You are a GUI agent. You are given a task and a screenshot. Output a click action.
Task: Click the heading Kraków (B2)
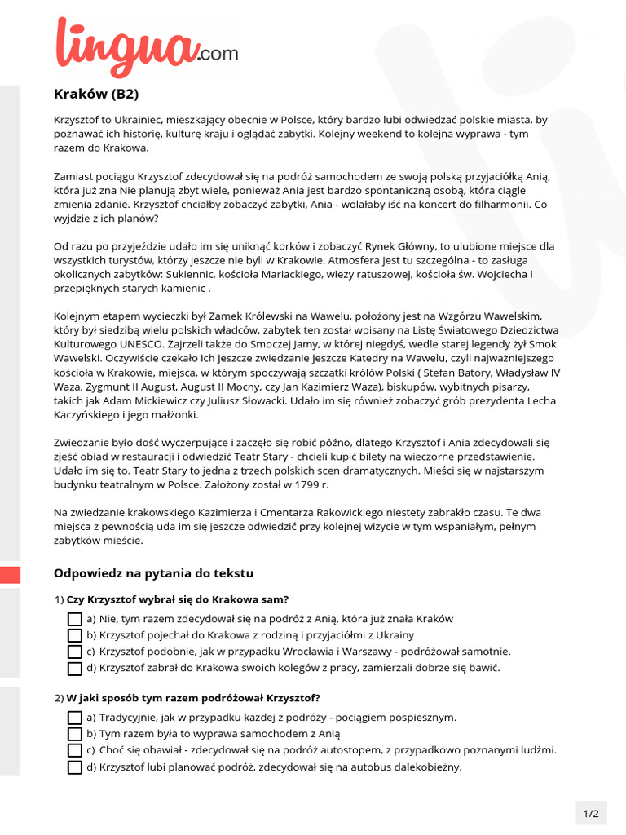pos(90,93)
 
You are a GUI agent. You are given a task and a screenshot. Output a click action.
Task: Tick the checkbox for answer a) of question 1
pos(75,619)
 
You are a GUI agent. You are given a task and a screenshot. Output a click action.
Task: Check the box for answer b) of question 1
pos(75,635)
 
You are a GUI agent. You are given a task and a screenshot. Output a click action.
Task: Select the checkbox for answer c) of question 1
pos(75,652)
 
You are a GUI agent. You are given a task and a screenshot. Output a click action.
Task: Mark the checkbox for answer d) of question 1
pos(75,668)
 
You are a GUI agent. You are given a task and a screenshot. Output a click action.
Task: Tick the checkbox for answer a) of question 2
pos(75,718)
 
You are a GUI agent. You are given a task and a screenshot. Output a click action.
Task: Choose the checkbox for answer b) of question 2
pos(75,734)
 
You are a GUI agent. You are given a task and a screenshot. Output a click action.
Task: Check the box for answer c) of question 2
pos(75,750)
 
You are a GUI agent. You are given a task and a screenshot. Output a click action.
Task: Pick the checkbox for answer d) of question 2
pos(75,767)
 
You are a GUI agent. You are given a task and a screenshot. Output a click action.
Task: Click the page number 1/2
pos(591,813)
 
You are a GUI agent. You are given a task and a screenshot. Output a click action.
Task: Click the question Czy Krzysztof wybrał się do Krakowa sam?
pos(178,599)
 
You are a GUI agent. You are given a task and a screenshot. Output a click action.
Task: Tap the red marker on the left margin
pos(10,574)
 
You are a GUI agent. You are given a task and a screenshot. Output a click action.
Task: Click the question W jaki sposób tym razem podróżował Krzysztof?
pos(192,698)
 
